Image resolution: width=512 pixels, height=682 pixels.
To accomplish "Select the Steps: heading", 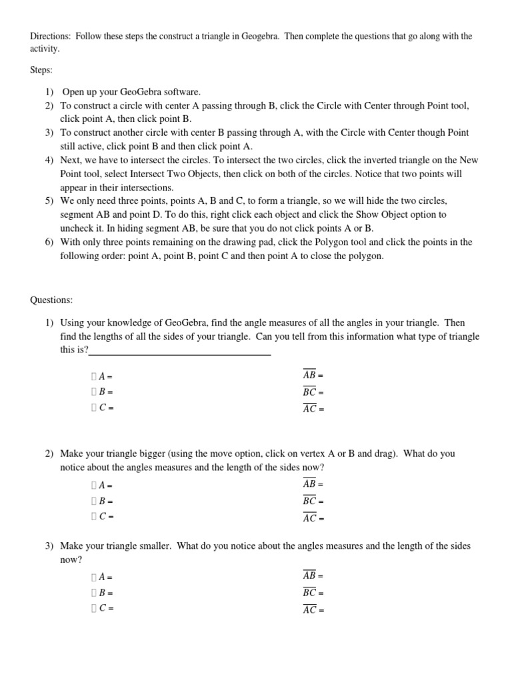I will click(x=41, y=69).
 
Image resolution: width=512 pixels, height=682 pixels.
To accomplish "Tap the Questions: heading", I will click(x=51, y=300).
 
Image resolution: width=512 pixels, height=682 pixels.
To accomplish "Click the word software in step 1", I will click(x=179, y=92).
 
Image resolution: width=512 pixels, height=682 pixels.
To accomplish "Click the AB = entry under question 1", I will click(x=313, y=375).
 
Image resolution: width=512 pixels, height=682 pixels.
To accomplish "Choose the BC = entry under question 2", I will click(x=313, y=502).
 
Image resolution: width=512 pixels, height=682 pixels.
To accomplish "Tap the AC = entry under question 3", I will click(x=313, y=609).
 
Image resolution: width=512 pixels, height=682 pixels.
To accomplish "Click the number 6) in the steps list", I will click(x=49, y=242).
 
